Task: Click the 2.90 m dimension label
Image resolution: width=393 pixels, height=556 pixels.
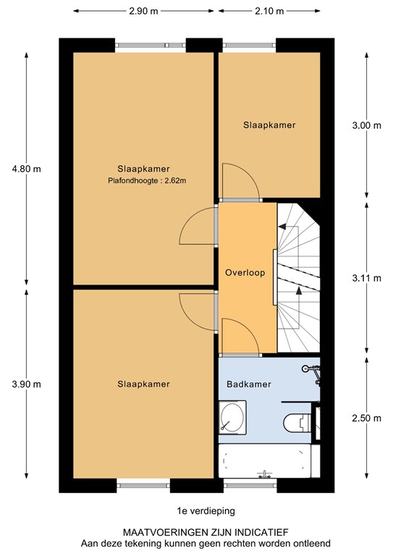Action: [x=144, y=12]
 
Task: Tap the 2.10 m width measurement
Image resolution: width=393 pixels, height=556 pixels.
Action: [x=269, y=12]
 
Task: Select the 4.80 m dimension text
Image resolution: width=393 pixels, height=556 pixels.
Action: [x=27, y=169]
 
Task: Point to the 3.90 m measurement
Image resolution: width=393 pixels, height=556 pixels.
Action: [x=27, y=384]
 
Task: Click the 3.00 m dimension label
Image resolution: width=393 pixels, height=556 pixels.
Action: [x=366, y=125]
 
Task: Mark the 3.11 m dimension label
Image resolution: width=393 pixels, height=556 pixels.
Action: [x=366, y=278]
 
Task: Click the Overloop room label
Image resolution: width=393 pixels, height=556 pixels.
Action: [x=245, y=273]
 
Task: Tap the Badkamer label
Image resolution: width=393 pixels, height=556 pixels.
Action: [x=249, y=384]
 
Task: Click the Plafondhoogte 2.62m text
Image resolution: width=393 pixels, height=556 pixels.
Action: [x=143, y=180]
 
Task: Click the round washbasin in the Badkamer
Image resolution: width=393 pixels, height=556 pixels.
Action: [x=233, y=418]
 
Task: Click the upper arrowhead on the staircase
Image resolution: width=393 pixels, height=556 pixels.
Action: [x=283, y=227]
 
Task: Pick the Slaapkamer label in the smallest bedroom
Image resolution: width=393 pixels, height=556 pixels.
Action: [x=269, y=125]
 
